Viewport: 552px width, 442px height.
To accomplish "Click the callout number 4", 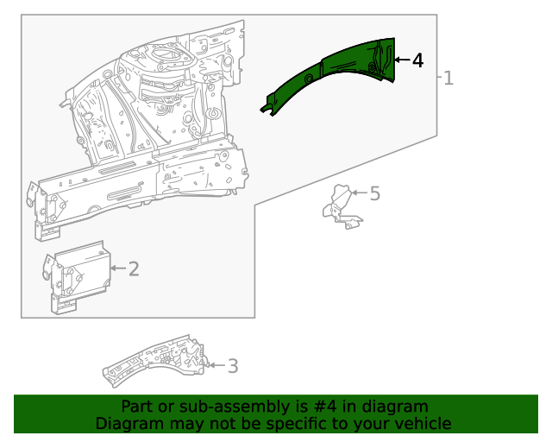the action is [x=417, y=60].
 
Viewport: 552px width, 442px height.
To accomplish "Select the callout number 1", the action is [x=448, y=78].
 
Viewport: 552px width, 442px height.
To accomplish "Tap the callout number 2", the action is [x=134, y=269].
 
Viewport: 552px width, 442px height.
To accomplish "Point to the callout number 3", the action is [x=233, y=366].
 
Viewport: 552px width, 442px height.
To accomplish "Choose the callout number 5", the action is [x=375, y=194].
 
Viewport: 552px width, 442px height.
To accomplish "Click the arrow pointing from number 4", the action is [x=402, y=60].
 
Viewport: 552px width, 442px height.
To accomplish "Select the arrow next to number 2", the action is [x=118, y=268].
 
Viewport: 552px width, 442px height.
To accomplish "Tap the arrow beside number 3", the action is [x=216, y=365].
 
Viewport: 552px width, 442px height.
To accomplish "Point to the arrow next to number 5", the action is [x=360, y=193].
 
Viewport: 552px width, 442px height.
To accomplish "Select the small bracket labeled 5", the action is [x=342, y=207].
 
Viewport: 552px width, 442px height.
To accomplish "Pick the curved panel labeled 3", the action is [x=154, y=361].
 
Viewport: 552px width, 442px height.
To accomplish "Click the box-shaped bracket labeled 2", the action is [x=77, y=277].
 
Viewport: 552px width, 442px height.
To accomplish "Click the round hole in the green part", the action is [x=309, y=79].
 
